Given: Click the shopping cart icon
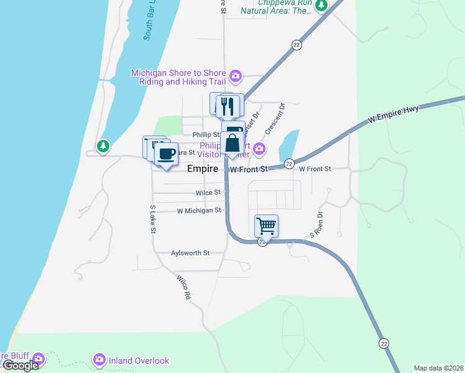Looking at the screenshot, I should point(266,226).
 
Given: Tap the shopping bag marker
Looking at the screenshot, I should point(232,143).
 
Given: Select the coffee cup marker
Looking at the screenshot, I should point(166,154).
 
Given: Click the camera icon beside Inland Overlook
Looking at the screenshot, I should point(99,360).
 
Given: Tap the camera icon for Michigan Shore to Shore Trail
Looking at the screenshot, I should point(236,76).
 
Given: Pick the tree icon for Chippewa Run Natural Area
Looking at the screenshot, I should point(321,6).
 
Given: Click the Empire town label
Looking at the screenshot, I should point(203,168).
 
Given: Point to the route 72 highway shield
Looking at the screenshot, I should point(289,163).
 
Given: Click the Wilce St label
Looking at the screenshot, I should point(208,193).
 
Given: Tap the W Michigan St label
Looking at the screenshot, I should point(199,211).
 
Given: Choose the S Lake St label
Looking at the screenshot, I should point(152,219).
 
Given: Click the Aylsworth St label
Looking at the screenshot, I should point(190,253).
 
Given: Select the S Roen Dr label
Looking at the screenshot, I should point(316,225).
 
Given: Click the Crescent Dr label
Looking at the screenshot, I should point(274,119).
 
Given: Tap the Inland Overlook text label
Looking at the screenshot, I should point(138,361).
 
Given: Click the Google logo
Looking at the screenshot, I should point(21,366).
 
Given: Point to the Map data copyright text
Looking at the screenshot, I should point(438,368).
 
